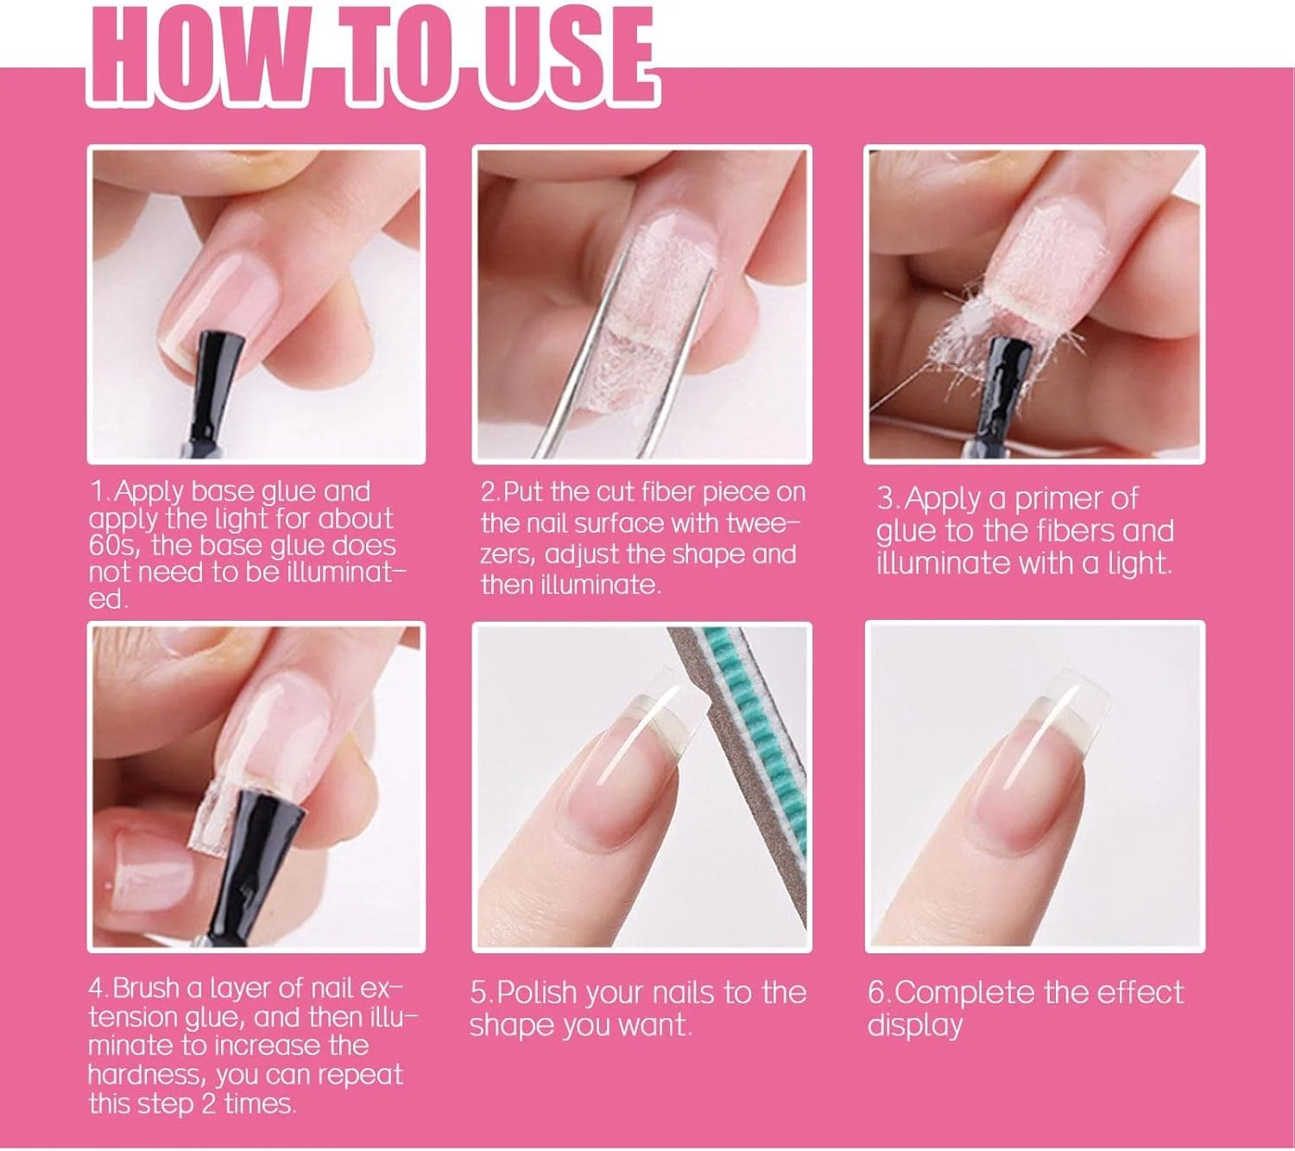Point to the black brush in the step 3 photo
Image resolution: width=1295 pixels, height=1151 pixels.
coord(1008,395)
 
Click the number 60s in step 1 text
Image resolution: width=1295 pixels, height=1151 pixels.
coord(109,546)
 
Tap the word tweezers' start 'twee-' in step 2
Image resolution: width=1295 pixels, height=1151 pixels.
coord(764,524)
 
